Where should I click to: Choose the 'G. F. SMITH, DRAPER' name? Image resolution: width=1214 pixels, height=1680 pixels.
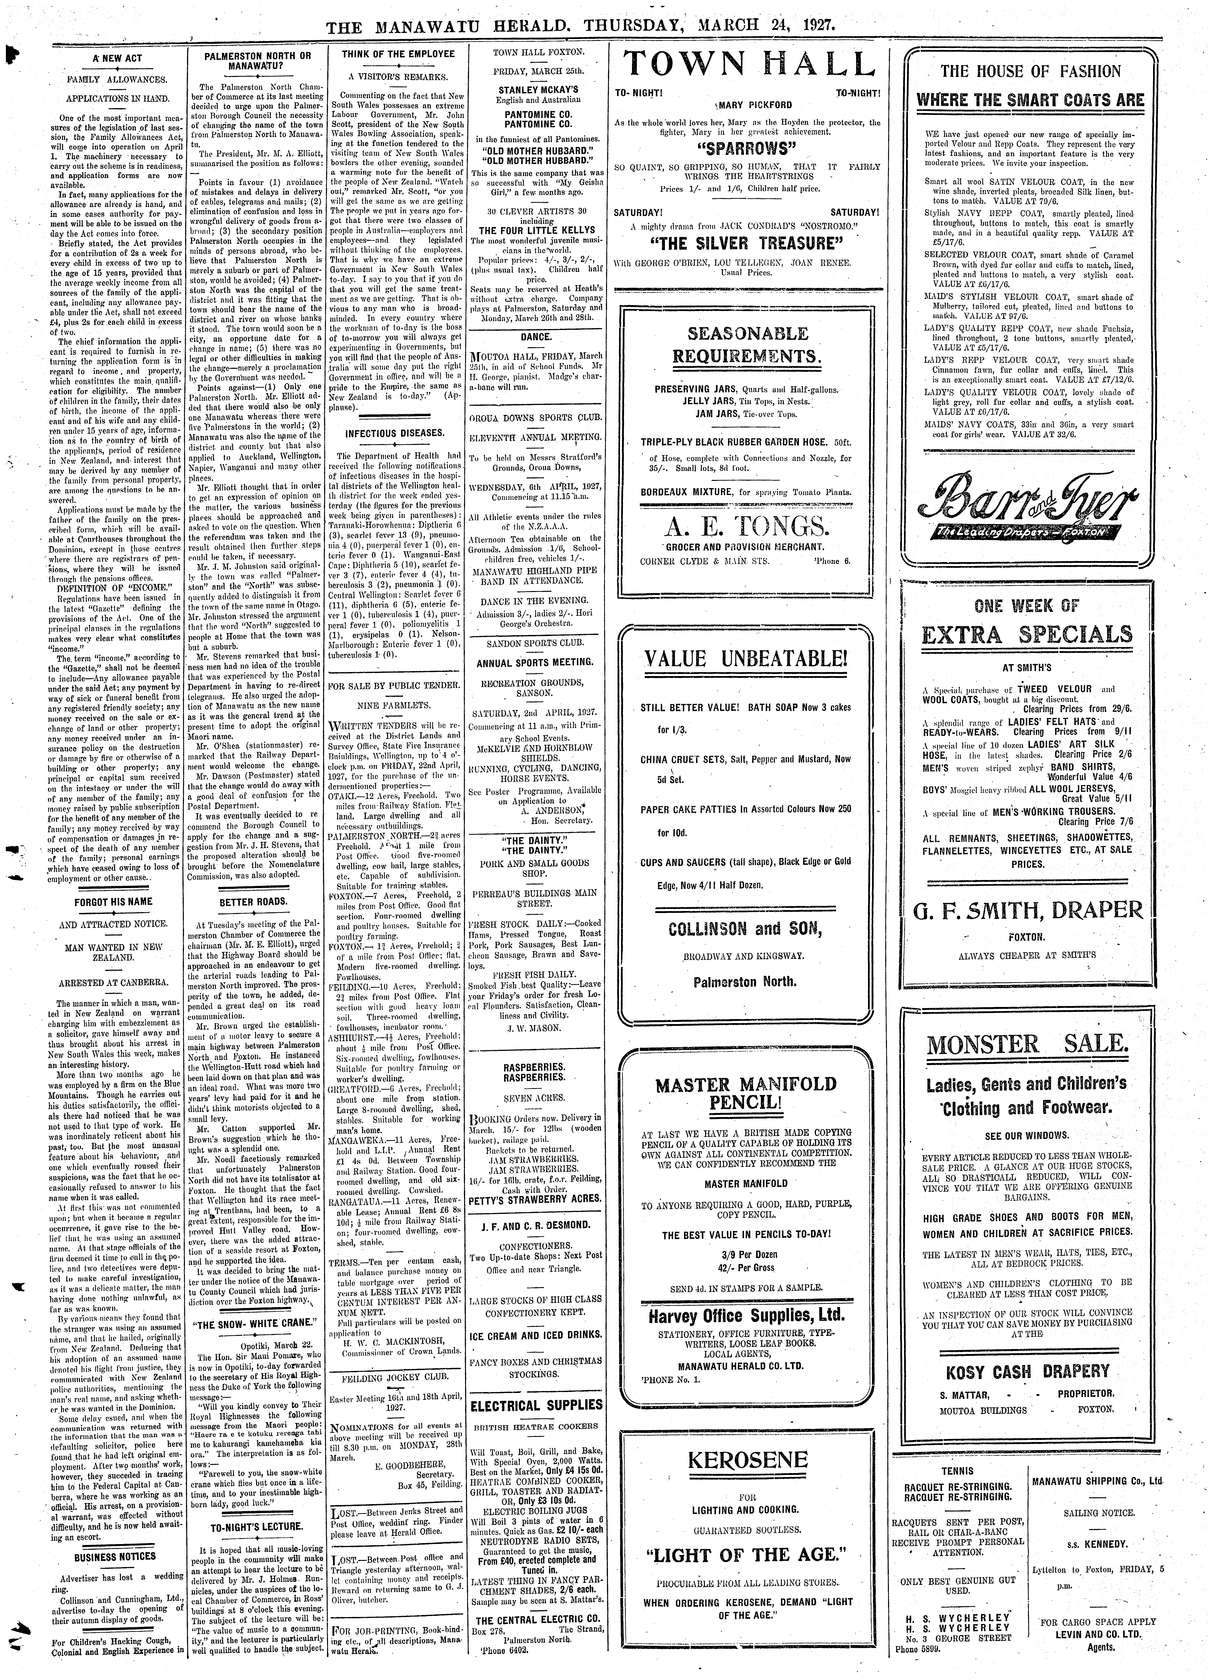1027,910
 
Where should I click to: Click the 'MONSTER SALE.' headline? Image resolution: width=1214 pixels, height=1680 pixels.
1027,1045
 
